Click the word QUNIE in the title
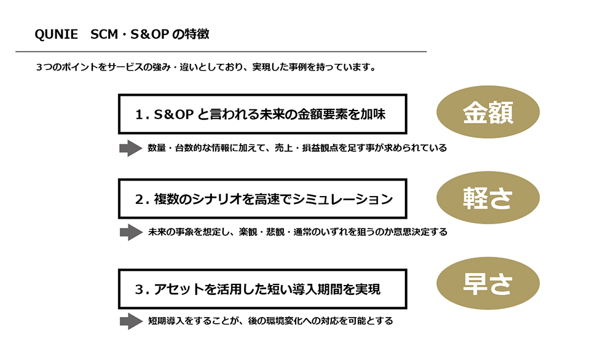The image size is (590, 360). [56, 34]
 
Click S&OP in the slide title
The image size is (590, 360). [149, 34]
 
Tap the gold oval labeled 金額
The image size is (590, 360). [488, 112]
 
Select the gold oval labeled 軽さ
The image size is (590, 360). [488, 198]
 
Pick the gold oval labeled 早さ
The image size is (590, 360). [488, 283]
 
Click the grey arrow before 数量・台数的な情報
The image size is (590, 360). [131, 148]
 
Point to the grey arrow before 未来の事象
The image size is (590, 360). [131, 232]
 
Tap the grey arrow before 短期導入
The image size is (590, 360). [131, 321]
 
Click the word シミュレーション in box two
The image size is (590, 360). [342, 199]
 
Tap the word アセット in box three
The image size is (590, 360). [179, 289]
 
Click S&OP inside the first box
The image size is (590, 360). [173, 114]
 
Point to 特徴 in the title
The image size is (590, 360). [197, 34]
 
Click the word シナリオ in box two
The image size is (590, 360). [217, 199]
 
